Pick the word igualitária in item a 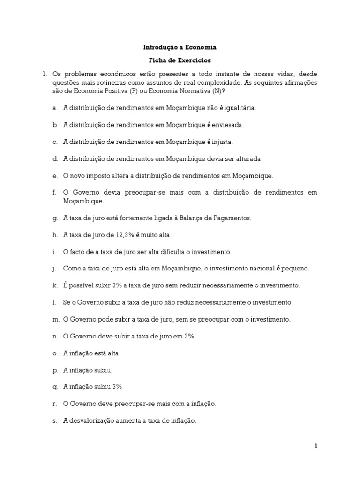(240, 108)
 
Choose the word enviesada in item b (228, 125)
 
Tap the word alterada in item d (249, 159)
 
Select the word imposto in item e (101, 176)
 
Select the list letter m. (56, 319)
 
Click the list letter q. (55, 387)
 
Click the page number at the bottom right (316, 446)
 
